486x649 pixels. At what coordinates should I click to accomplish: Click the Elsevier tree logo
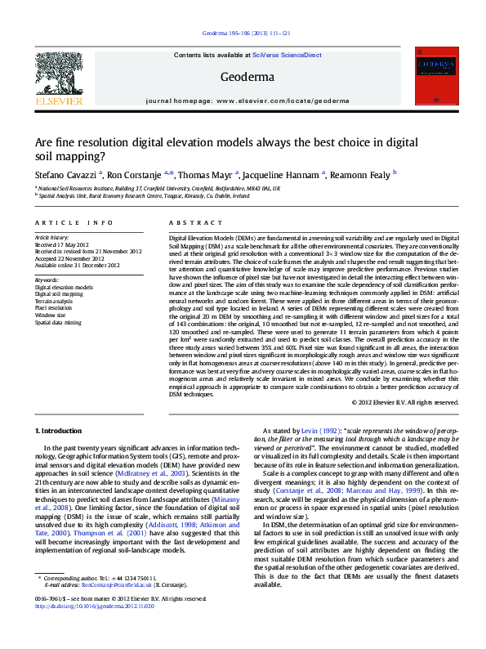(x=58, y=76)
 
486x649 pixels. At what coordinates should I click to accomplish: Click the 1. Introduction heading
(x=59, y=431)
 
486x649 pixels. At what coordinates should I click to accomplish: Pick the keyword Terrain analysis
(x=54, y=301)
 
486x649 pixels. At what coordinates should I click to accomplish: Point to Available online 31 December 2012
(x=73, y=265)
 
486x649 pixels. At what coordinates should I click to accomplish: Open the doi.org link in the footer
(x=79, y=605)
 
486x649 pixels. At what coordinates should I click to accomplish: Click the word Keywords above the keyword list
(x=47, y=280)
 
